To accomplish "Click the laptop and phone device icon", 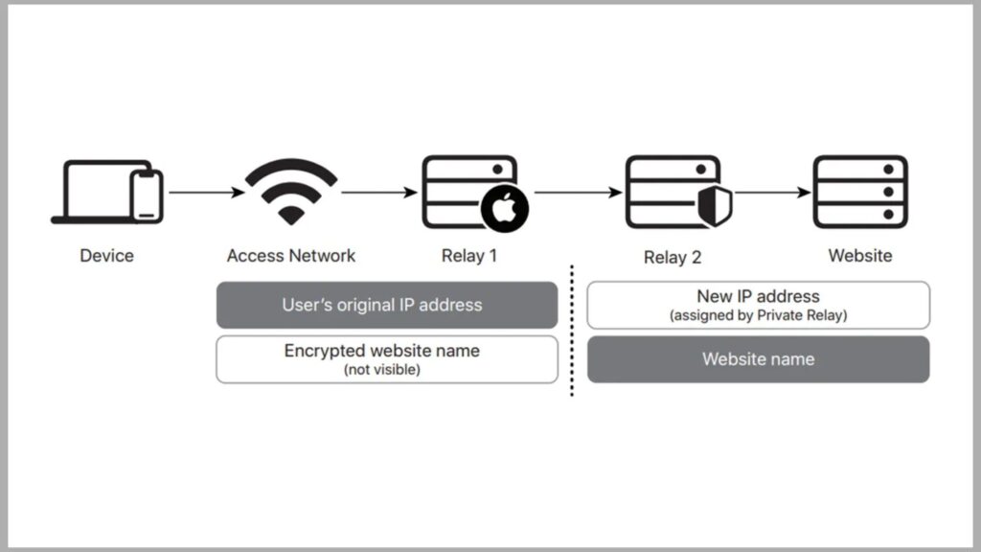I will tap(106, 192).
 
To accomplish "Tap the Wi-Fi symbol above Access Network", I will tap(291, 191).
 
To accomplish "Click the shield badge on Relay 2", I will tap(715, 206).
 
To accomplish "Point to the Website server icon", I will tap(859, 192).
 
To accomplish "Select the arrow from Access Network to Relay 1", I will tap(379, 193).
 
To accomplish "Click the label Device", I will tap(106, 256).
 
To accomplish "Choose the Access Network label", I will tap(291, 256).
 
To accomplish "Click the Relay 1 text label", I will tap(469, 256).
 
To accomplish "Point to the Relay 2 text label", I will tap(673, 258).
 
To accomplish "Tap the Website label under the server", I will tap(859, 256).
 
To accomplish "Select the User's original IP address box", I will tap(386, 305).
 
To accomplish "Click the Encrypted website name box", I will tap(386, 358).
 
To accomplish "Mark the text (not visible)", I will tap(381, 370).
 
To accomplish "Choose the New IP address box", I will tap(758, 305).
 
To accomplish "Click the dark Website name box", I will tap(758, 359).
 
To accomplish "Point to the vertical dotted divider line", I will tap(572, 331).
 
